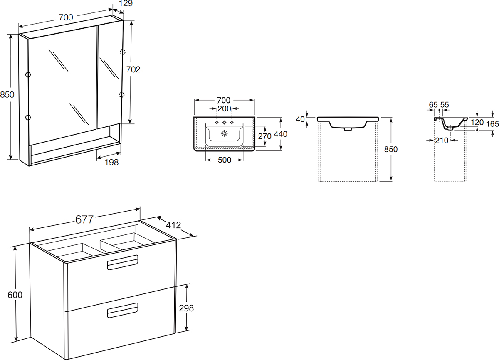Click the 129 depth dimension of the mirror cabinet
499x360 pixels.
point(126,3)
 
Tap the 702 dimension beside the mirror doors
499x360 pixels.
point(133,70)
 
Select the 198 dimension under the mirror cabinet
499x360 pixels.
point(111,162)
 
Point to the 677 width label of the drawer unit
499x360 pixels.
point(84,220)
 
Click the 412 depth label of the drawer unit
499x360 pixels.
point(173,225)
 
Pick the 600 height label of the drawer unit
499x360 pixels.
point(15,295)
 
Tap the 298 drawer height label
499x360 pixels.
point(186,308)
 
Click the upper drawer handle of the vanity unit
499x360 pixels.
point(123,262)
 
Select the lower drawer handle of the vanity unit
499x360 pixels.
point(123,310)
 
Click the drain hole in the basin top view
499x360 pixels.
point(224,133)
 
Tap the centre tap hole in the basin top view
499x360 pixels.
point(224,123)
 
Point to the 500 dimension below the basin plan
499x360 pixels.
point(225,160)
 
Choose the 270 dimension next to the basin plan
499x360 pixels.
point(264,136)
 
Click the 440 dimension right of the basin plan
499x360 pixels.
point(281,134)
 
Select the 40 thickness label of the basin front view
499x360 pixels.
point(300,119)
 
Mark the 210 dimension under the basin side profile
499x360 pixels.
point(442,141)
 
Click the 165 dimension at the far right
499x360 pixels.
point(492,124)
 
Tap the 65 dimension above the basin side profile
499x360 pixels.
point(433,105)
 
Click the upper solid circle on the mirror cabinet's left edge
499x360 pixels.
point(28,74)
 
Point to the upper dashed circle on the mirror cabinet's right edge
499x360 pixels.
point(123,52)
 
